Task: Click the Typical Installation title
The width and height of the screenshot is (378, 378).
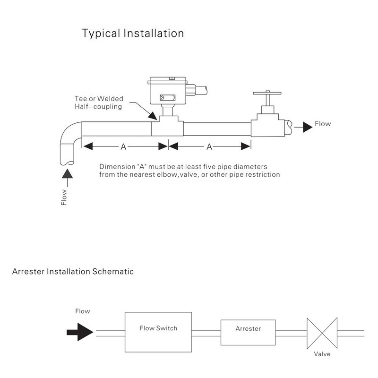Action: [133, 34]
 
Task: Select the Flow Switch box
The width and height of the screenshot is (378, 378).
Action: [158, 328]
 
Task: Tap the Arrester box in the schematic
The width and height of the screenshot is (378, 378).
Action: [248, 328]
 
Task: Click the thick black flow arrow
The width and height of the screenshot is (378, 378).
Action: [78, 332]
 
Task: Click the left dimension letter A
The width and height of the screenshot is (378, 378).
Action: [123, 147]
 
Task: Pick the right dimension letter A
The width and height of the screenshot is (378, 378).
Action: [209, 147]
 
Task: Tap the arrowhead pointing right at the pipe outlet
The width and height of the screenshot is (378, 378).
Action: [308, 125]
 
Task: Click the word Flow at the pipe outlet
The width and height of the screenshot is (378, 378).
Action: [324, 124]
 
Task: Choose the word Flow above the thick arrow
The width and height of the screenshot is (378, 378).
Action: [82, 311]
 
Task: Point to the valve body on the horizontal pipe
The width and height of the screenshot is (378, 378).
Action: [266, 125]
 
